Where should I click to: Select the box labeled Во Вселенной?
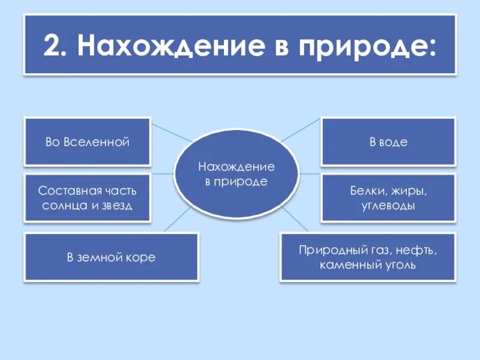pyautogui.click(x=87, y=142)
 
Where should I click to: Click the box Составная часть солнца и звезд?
pyautogui.click(x=87, y=198)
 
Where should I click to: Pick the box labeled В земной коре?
pyautogui.click(x=111, y=257)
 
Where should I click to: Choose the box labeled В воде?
pyautogui.click(x=388, y=142)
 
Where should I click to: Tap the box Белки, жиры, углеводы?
pyautogui.click(x=388, y=198)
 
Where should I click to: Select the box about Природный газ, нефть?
pyautogui.click(x=368, y=257)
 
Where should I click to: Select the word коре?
pyautogui.click(x=143, y=257)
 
